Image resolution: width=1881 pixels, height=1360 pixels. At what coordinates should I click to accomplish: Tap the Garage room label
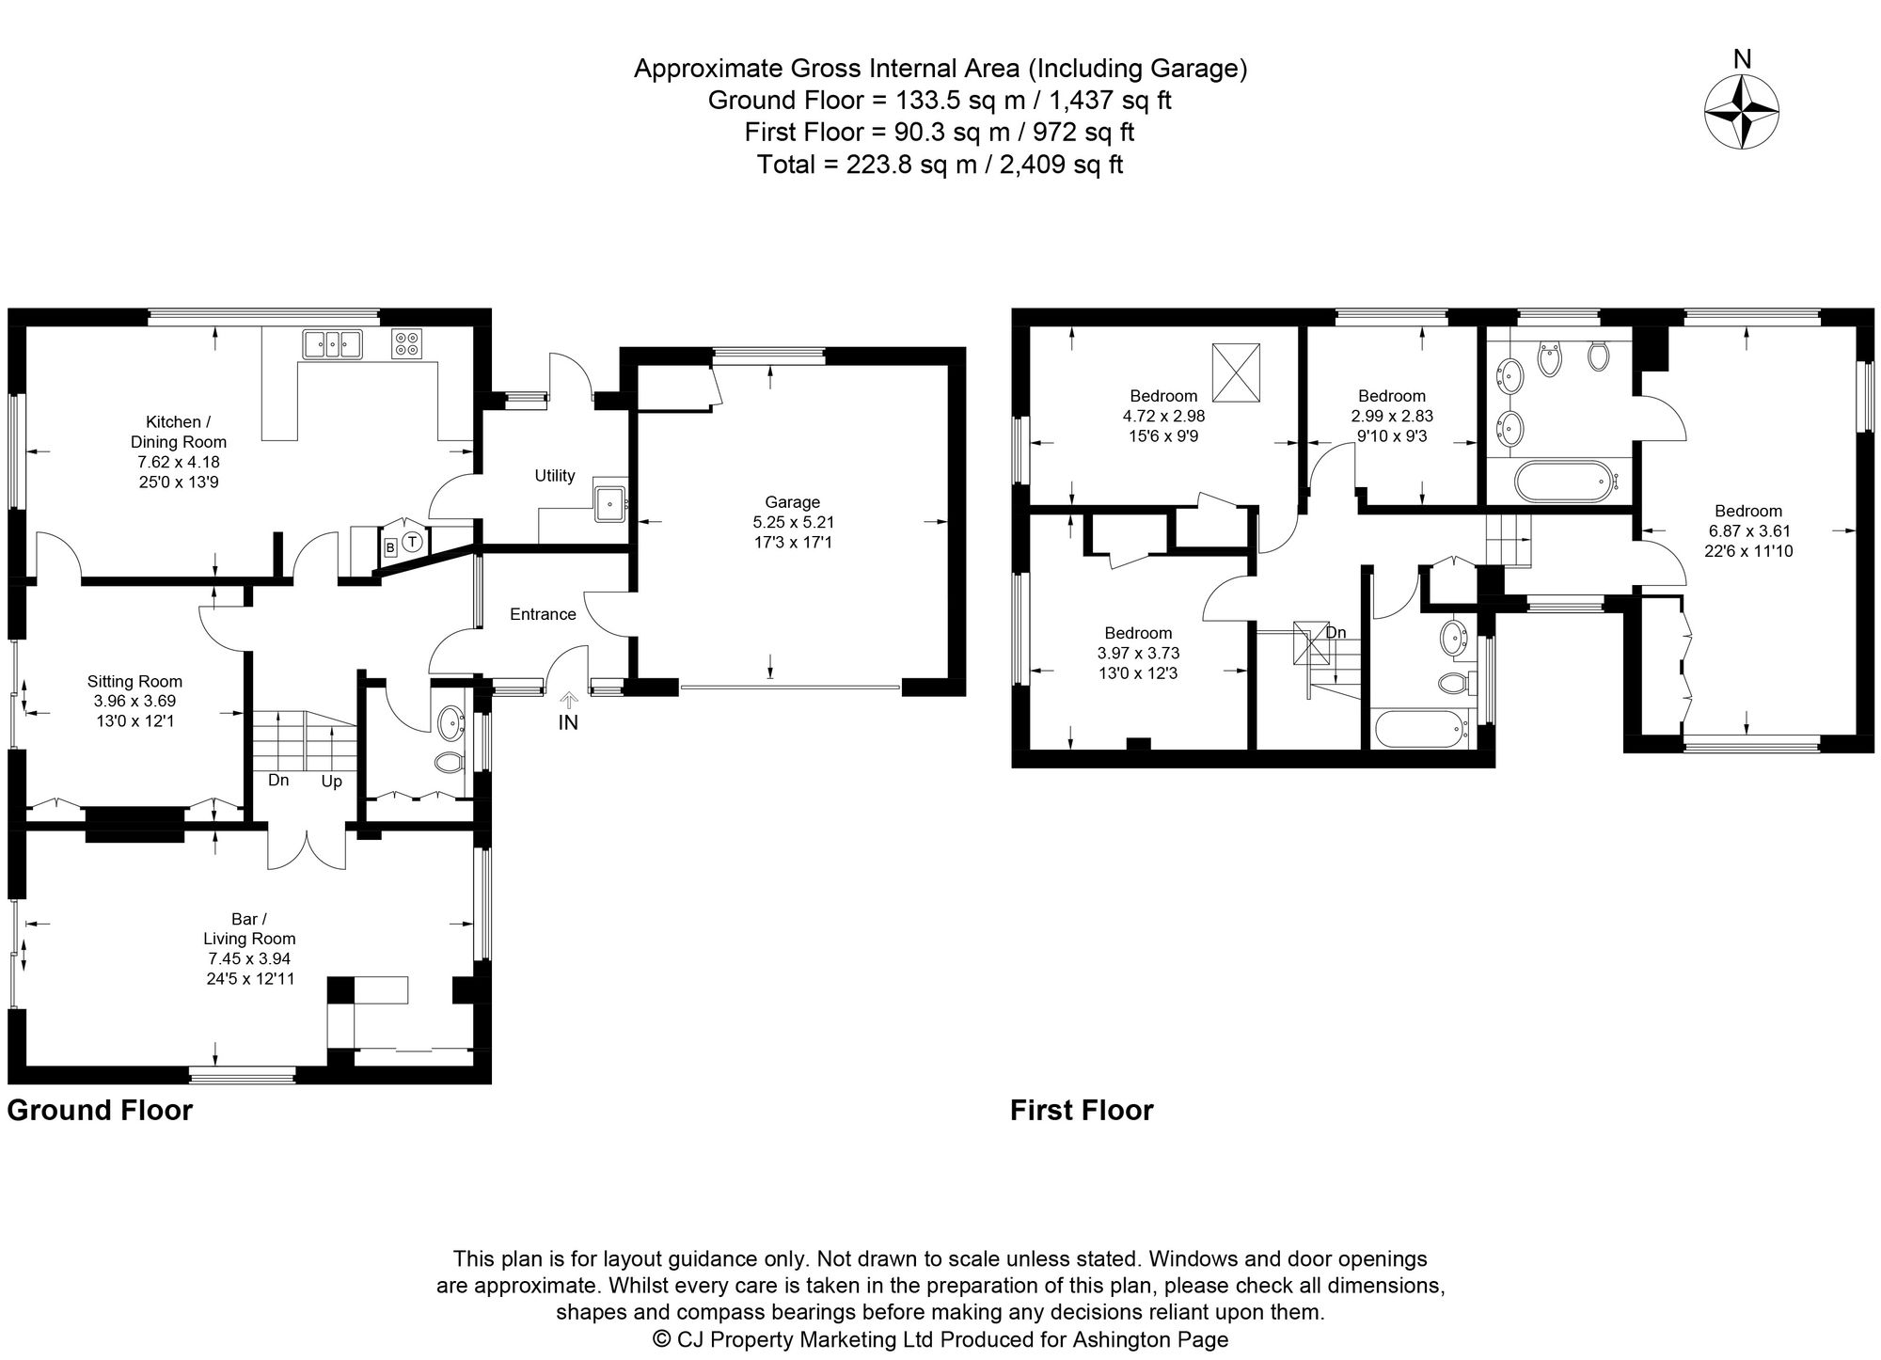(792, 502)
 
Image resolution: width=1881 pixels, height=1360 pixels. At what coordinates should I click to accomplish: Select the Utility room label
(555, 476)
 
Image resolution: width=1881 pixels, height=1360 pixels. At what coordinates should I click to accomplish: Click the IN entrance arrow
(568, 700)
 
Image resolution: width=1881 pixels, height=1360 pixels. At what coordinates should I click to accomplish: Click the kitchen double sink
(332, 344)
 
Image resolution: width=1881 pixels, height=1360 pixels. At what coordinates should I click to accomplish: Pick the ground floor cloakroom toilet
(450, 761)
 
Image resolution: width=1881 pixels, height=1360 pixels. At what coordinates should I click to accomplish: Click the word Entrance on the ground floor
(543, 614)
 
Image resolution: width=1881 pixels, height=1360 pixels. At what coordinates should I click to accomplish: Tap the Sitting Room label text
(134, 682)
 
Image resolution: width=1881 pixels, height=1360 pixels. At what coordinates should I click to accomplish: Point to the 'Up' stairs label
(332, 782)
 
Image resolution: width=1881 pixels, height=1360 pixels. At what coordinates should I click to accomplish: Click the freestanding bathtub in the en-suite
(1562, 482)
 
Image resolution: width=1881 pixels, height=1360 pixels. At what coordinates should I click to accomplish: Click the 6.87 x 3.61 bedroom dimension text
(1748, 531)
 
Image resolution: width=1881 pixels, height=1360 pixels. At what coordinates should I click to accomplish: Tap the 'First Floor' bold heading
(1082, 1111)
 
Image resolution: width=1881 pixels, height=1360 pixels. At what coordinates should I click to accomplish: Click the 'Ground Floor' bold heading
(100, 1111)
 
